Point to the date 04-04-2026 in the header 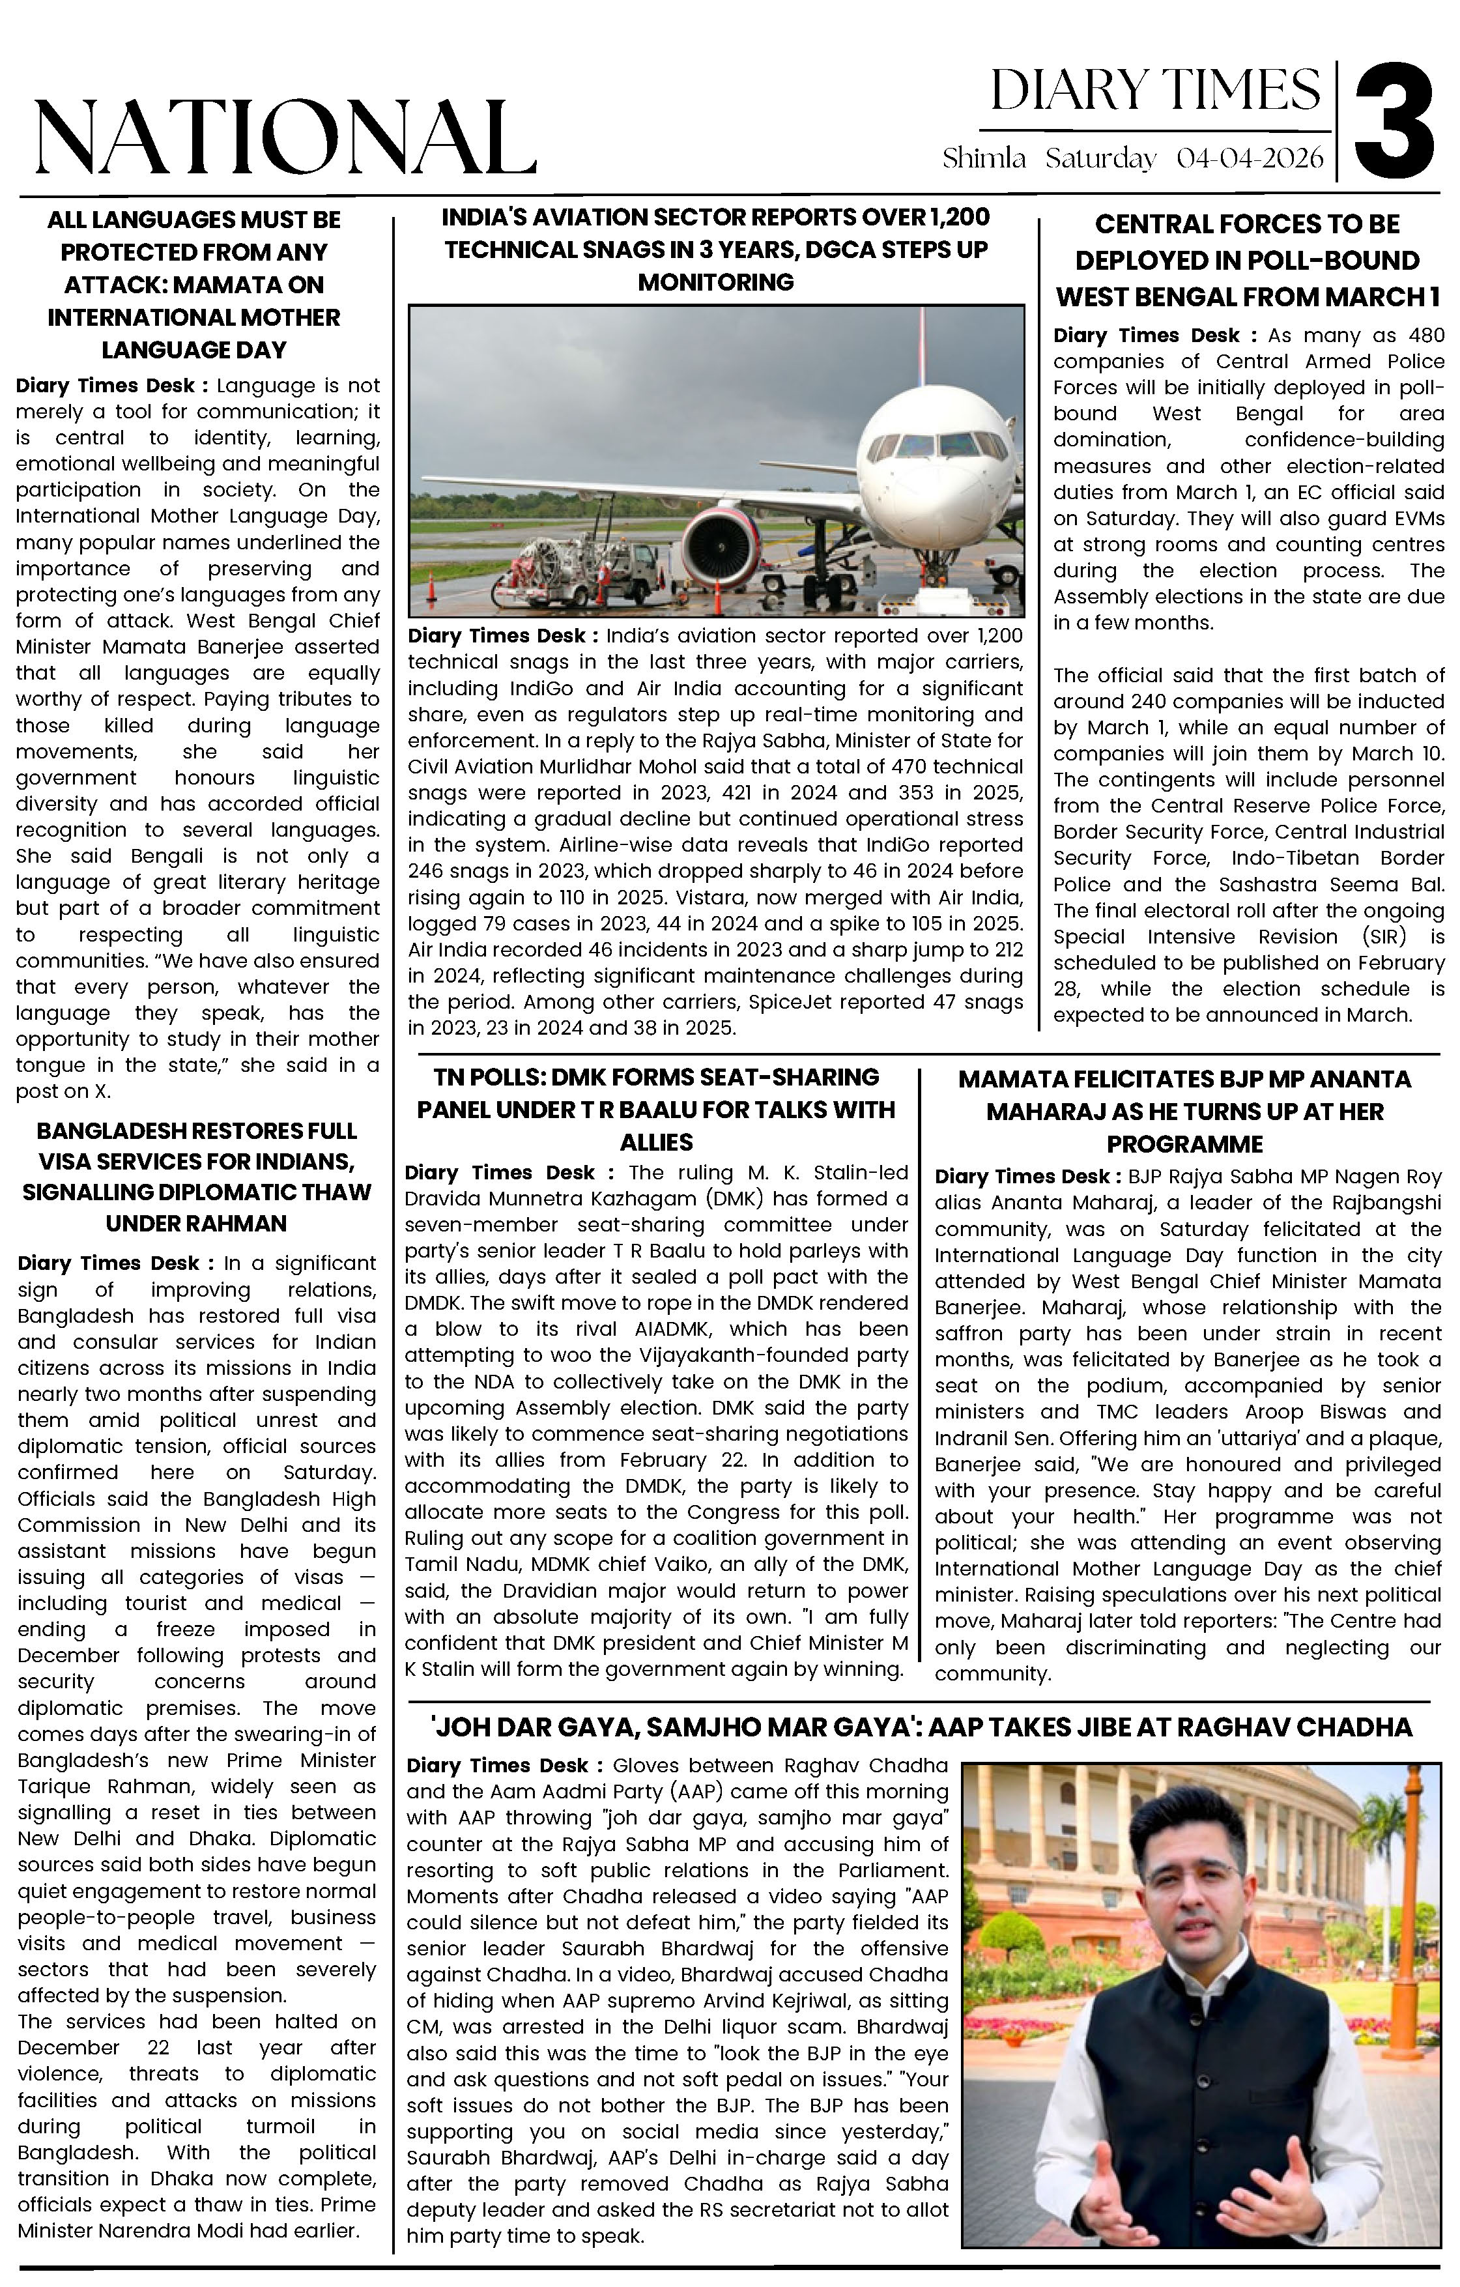1249,158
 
